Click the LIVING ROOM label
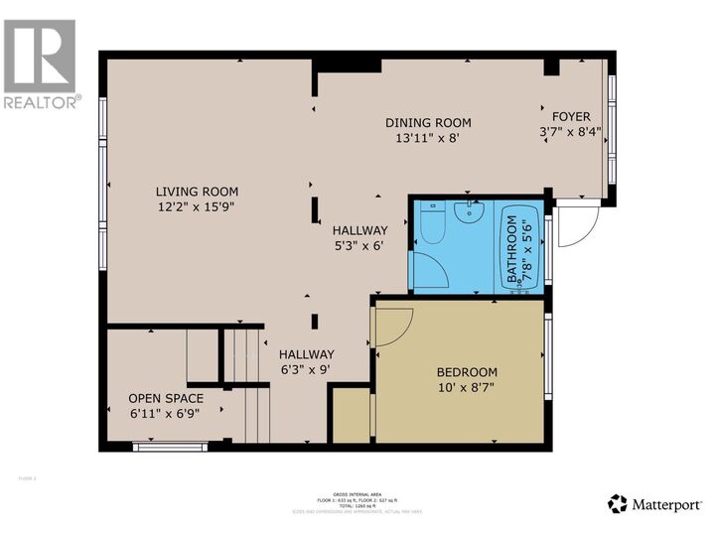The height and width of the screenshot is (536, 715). (196, 192)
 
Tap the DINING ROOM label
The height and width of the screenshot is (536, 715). (428, 123)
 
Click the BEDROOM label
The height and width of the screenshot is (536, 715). (467, 372)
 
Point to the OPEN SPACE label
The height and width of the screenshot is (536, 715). (165, 397)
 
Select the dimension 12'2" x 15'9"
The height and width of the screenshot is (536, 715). (196, 207)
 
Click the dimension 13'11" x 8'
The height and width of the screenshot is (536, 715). (428, 139)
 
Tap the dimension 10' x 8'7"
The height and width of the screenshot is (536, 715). (467, 388)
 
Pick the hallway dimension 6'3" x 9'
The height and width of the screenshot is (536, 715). (306, 369)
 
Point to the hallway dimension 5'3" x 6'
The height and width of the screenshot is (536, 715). (359, 245)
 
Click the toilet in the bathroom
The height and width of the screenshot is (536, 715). (432, 224)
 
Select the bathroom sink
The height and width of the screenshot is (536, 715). (466, 210)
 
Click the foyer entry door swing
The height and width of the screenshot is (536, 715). (574, 226)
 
